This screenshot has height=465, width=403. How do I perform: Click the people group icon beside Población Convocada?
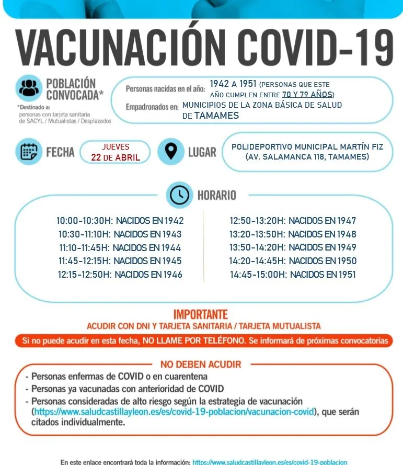click(29, 87)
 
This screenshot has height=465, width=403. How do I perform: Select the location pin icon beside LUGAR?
click(170, 151)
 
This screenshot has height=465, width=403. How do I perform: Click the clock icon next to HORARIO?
click(179, 195)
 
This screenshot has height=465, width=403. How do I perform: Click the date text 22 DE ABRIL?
click(116, 157)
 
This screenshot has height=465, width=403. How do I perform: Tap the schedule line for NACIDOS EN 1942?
click(120, 221)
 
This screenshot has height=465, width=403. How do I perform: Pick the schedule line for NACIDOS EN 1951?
click(293, 274)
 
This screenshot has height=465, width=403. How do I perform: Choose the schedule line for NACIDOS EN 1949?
click(293, 247)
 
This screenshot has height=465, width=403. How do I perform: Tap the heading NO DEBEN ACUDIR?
click(201, 365)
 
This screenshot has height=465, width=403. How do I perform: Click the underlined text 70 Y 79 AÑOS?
click(307, 95)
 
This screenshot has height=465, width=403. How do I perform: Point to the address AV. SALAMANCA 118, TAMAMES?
click(307, 156)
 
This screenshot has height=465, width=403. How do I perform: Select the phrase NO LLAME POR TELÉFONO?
click(192, 341)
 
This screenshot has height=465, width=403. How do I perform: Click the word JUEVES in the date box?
click(116, 147)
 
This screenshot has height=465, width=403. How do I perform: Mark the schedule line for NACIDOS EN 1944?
click(120, 247)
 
